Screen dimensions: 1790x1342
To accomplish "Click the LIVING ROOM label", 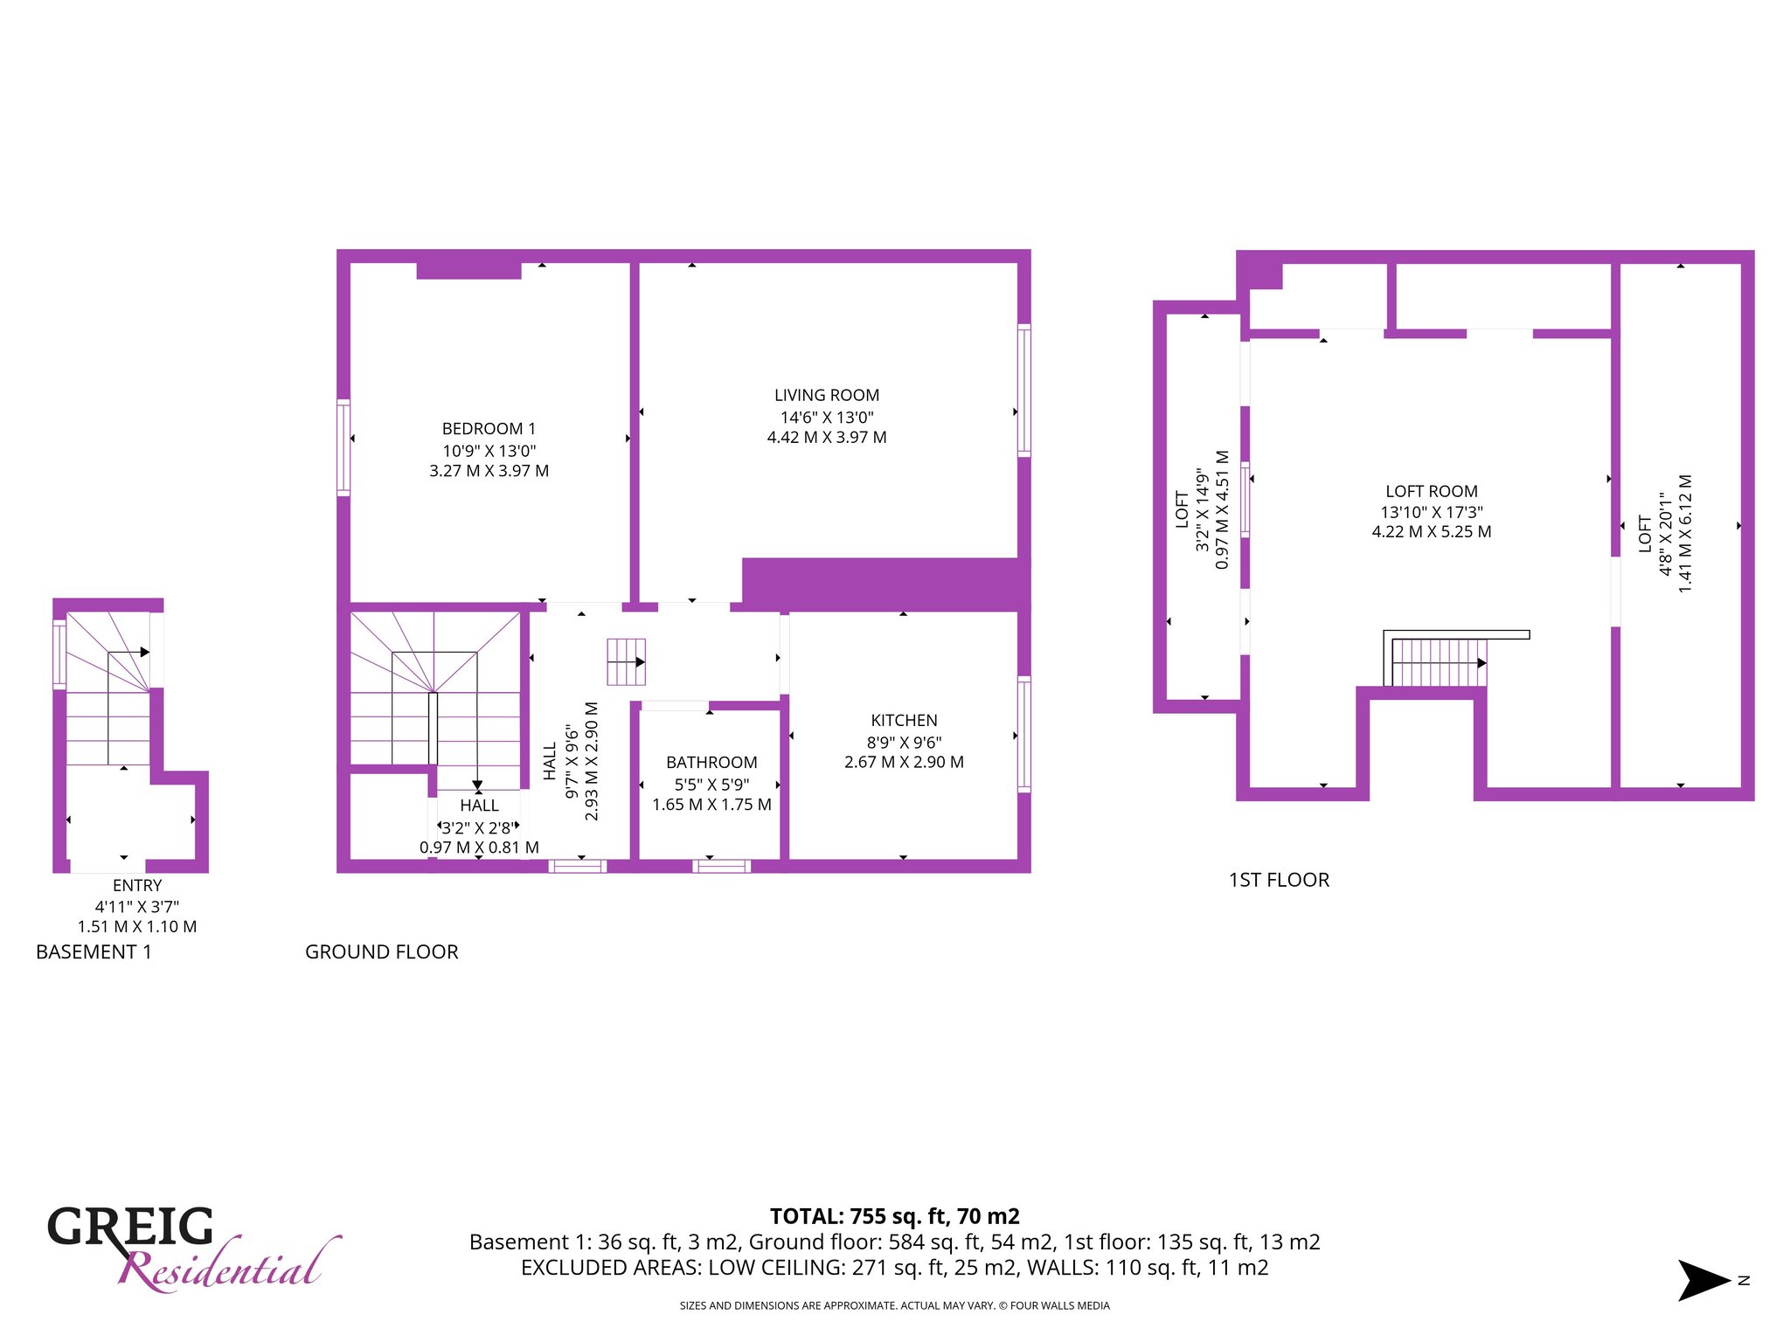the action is tap(827, 396).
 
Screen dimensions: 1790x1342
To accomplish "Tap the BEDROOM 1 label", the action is tap(489, 429).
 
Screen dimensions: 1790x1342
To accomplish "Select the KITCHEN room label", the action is tap(904, 721).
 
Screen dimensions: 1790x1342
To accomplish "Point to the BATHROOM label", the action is tap(711, 763).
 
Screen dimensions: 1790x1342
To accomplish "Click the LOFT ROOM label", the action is tap(1432, 492).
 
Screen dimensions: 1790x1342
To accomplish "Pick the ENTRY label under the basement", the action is tap(137, 886).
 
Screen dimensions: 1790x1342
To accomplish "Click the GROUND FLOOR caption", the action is tap(382, 952).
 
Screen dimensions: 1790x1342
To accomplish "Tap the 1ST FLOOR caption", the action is tap(1280, 880).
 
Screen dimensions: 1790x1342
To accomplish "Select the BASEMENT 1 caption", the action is tap(94, 952).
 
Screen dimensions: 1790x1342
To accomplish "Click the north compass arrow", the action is tap(1704, 1281).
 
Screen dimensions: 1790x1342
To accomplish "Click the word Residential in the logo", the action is tap(229, 1264).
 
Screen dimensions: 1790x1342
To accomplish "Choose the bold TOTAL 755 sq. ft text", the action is tap(895, 1216).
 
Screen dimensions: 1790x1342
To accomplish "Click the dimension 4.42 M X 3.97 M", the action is tap(827, 438).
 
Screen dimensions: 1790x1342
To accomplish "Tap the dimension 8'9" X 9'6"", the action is tap(904, 743).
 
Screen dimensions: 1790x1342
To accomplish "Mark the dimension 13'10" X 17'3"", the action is tap(1432, 513).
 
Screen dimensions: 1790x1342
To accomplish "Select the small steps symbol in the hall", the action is tap(627, 661).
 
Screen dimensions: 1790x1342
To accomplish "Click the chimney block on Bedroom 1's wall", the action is tap(468, 270).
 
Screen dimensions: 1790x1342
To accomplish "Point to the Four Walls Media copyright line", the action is tap(895, 1306).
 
